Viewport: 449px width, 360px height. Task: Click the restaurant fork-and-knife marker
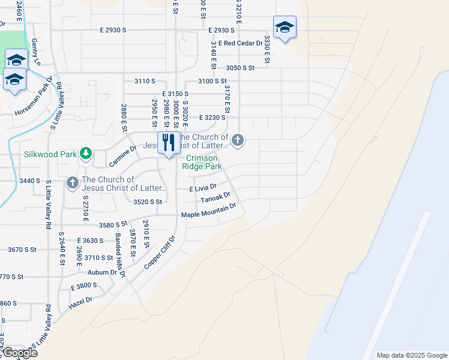tap(168, 143)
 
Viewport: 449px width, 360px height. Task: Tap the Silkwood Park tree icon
tap(86, 154)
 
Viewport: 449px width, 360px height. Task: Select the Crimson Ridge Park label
tap(204, 162)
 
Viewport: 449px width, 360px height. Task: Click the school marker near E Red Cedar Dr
tap(285, 27)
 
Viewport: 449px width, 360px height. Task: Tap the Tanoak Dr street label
tap(216, 197)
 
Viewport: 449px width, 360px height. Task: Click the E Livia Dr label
tap(203, 188)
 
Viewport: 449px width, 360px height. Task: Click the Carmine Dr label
tap(124, 156)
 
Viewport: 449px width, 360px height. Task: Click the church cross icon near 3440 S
tap(73, 182)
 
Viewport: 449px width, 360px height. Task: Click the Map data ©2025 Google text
tap(412, 355)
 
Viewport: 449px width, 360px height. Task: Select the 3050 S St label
tap(241, 68)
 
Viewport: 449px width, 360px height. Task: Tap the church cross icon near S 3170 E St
tap(238, 141)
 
